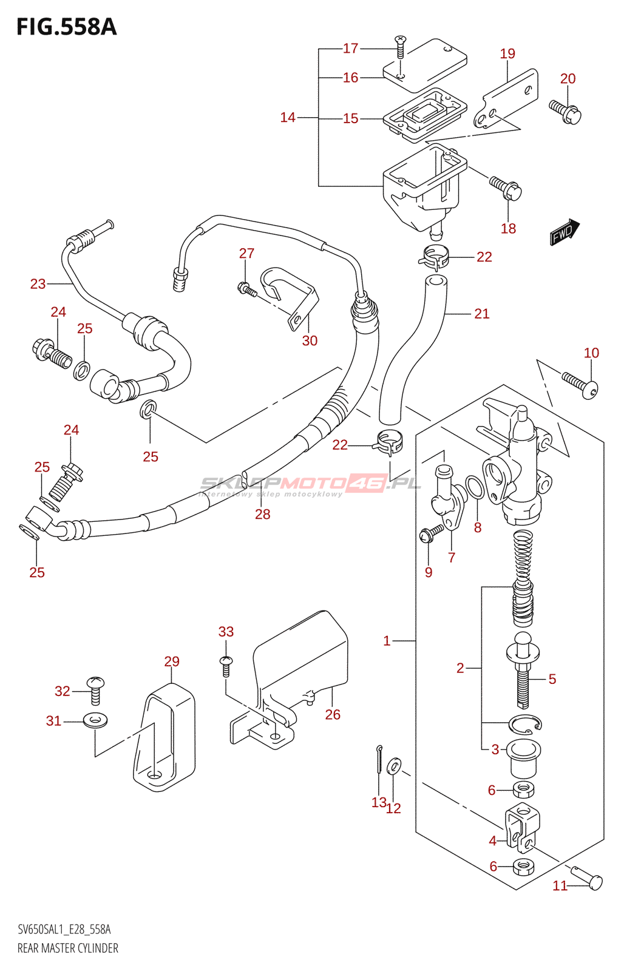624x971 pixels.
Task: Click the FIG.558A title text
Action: [x=66, y=27]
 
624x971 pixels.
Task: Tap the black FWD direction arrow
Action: [x=565, y=231]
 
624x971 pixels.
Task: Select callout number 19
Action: [x=507, y=54]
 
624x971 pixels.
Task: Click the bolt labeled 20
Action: [x=566, y=112]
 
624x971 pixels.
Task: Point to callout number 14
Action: [x=288, y=118]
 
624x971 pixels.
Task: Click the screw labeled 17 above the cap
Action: [x=400, y=46]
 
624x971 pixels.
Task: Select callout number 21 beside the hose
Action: [x=481, y=314]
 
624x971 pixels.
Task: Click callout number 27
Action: [x=246, y=254]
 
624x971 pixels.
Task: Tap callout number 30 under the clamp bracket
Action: [x=310, y=341]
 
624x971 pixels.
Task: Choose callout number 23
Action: [x=38, y=284]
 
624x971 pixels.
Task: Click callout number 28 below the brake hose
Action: [x=262, y=515]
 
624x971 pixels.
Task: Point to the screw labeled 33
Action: [x=226, y=665]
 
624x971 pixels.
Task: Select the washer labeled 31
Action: [x=95, y=721]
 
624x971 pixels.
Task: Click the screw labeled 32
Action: [x=95, y=689]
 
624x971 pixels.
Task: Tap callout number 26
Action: [x=333, y=715]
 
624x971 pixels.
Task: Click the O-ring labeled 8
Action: [x=475, y=488]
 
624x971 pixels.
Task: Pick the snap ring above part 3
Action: [x=525, y=723]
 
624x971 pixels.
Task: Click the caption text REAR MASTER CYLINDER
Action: [x=68, y=949]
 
